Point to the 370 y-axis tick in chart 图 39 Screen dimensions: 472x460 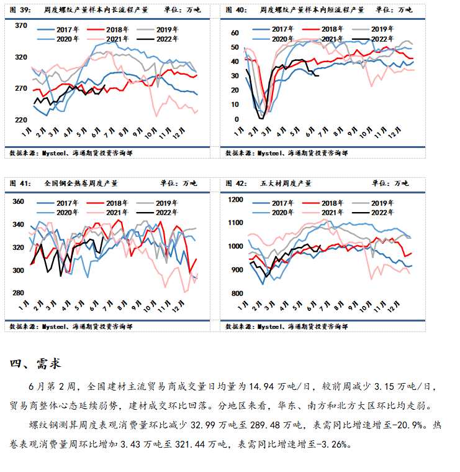click(x=21, y=25)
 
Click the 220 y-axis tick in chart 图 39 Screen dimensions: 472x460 click(x=21, y=119)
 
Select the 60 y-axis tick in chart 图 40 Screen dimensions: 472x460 click(x=235, y=33)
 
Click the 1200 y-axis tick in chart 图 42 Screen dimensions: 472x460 click(x=235, y=199)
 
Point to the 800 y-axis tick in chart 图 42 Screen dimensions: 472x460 click(x=237, y=294)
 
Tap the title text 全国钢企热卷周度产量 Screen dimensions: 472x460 click(x=81, y=183)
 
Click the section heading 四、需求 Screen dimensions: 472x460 click(x=35, y=364)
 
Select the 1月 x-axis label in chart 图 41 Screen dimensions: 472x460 click(x=25, y=306)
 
